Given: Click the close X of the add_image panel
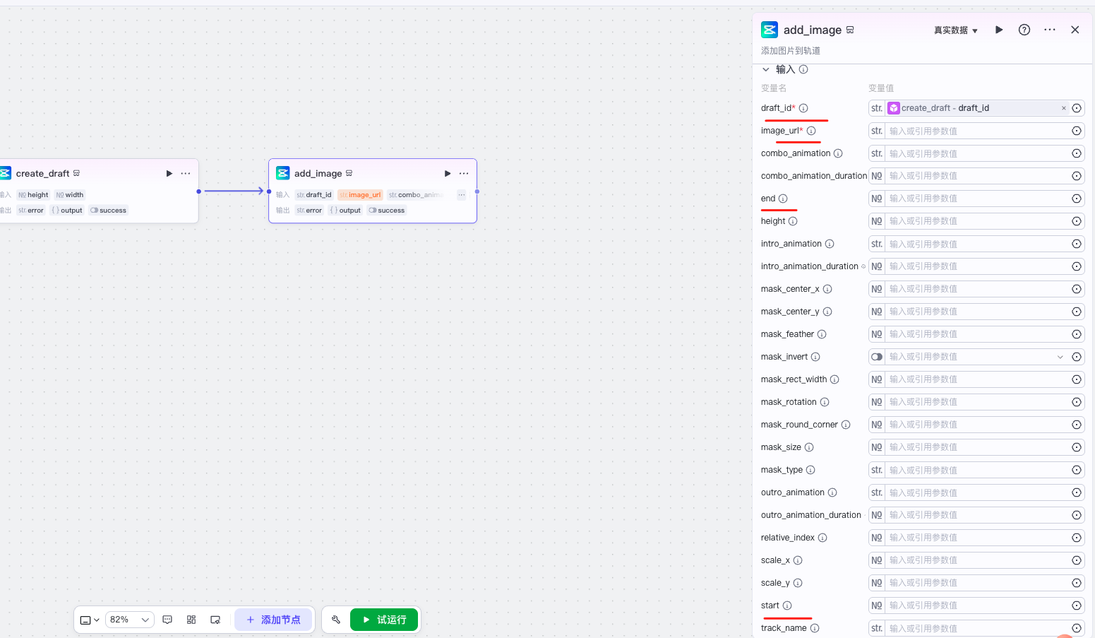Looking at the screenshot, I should pyautogui.click(x=1075, y=30).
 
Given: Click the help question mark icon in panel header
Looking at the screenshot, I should pyautogui.click(x=1024, y=30).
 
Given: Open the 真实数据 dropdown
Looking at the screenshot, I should pyautogui.click(x=955, y=30).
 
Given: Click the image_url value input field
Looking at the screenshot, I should pyautogui.click(x=977, y=131).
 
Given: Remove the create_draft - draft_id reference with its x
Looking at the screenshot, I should pyautogui.click(x=1064, y=108).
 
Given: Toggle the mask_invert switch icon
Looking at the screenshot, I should pyautogui.click(x=877, y=357).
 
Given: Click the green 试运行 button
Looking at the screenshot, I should pyautogui.click(x=384, y=620).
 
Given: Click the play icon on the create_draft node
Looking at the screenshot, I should pyautogui.click(x=169, y=173).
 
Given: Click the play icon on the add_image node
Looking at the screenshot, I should pyautogui.click(x=448, y=173).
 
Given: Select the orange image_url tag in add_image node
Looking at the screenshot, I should pyautogui.click(x=360, y=195).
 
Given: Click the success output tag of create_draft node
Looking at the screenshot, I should pyautogui.click(x=109, y=211).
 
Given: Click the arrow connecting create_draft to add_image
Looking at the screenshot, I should pyautogui.click(x=233, y=191).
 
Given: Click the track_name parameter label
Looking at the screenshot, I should pyautogui.click(x=784, y=628).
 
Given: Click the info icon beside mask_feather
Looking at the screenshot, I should pyautogui.click(x=822, y=334).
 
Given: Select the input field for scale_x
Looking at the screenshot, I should pyautogui.click(x=977, y=560).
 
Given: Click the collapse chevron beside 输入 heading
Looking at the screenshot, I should pyautogui.click(x=766, y=69).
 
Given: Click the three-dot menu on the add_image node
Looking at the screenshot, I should pyautogui.click(x=464, y=173).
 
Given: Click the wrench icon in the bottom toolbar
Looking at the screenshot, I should pyautogui.click(x=336, y=620).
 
